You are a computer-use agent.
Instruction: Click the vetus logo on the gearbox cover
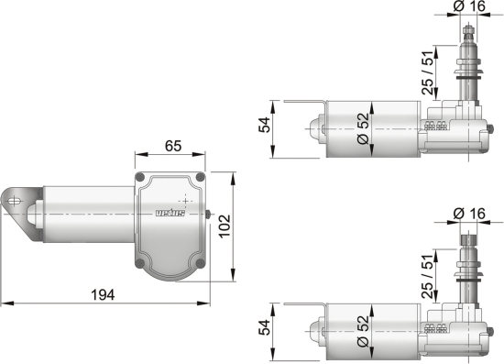pyautogui.click(x=170, y=215)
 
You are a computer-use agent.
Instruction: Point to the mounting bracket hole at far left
pyautogui.click(x=16, y=195)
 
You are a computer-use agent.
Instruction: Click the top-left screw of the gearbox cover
pyautogui.click(x=138, y=176)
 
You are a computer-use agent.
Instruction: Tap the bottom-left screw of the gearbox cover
pyautogui.click(x=138, y=266)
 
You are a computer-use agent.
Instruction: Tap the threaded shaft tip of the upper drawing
pyautogui.click(x=468, y=35)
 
